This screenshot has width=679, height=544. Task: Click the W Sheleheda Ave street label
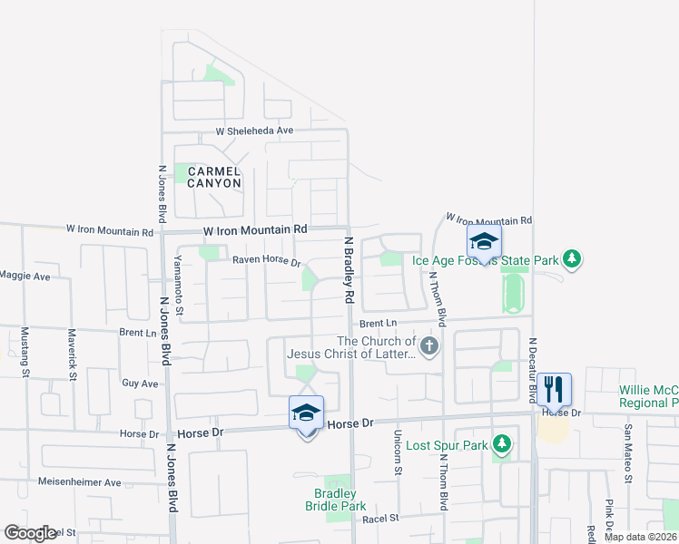point(254,131)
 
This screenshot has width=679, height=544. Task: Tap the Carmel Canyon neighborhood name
point(214,177)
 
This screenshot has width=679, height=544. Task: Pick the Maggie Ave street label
point(25,275)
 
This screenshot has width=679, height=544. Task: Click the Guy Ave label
point(140,384)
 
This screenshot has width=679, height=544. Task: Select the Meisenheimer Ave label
point(79,482)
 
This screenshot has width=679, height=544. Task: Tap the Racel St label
point(380,519)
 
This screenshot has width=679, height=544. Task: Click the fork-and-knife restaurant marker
point(554,390)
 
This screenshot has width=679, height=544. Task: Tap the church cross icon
point(429,345)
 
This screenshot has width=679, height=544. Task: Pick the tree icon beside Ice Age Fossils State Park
point(571,260)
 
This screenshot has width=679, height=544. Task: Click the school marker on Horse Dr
point(307,413)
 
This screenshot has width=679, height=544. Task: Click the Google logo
point(30,533)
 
